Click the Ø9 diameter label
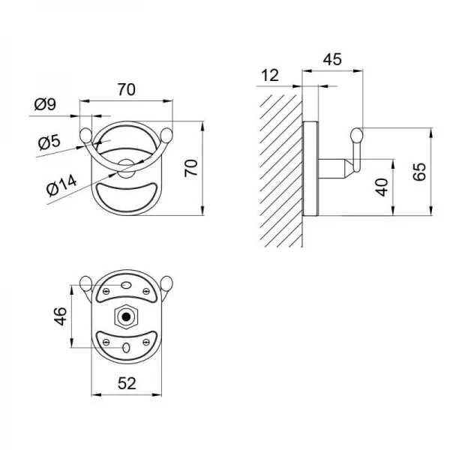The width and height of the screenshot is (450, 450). click(x=45, y=104)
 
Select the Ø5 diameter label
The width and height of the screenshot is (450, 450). click(x=49, y=142)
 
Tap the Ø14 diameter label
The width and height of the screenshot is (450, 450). click(x=61, y=185)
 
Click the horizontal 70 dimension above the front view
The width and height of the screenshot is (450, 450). click(x=126, y=89)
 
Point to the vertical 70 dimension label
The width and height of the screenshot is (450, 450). click(x=191, y=168)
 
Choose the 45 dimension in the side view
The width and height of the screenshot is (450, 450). click(x=332, y=59)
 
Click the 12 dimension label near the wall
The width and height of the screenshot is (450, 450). click(x=270, y=75)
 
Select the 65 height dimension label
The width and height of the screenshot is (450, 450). click(x=419, y=172)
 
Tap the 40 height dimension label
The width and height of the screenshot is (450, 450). click(x=382, y=187)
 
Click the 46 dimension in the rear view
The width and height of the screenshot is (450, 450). click(x=61, y=316)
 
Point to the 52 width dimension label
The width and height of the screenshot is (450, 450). click(x=127, y=383)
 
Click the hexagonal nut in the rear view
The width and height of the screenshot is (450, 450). click(x=126, y=316)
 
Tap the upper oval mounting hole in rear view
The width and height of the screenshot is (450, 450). click(x=126, y=285)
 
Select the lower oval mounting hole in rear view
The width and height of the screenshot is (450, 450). click(x=126, y=348)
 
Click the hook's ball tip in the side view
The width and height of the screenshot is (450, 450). click(x=357, y=136)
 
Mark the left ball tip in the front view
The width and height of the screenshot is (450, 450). click(x=85, y=136)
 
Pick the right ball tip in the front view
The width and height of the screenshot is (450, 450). click(x=166, y=136)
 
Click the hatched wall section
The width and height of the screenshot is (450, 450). click(x=280, y=171)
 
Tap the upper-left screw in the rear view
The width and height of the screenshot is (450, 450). click(x=106, y=292)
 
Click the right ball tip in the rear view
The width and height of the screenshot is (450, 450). click(x=166, y=283)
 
